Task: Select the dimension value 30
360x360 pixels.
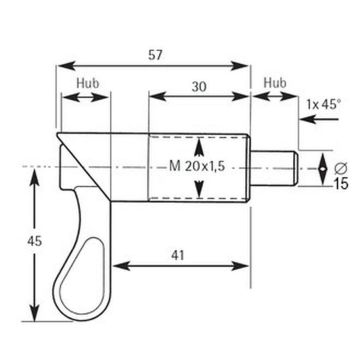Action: tap(199, 87)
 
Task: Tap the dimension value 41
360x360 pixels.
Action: tap(178, 255)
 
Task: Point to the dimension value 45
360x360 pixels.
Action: tap(35, 241)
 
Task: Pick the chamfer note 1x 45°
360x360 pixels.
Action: tap(322, 105)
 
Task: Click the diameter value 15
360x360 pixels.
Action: tap(340, 183)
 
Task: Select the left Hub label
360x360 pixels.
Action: tap(88, 83)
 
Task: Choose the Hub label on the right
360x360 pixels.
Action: tap(275, 83)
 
